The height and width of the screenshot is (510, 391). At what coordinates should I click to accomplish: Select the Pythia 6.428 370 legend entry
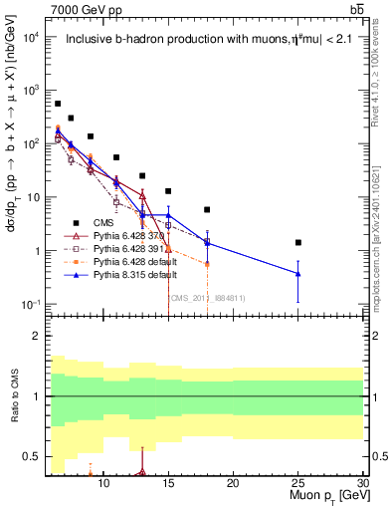point(121,236)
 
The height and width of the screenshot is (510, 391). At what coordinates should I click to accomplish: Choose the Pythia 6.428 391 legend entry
point(121,248)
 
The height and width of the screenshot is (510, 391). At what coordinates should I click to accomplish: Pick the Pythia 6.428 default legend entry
point(125,261)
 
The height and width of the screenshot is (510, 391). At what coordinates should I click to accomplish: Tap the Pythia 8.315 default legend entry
point(125,274)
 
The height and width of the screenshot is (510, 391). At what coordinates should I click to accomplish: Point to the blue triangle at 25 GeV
point(297,273)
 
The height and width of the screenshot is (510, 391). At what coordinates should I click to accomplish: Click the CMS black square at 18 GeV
point(207,210)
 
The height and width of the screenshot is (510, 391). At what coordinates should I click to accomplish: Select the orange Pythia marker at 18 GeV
point(207,264)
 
